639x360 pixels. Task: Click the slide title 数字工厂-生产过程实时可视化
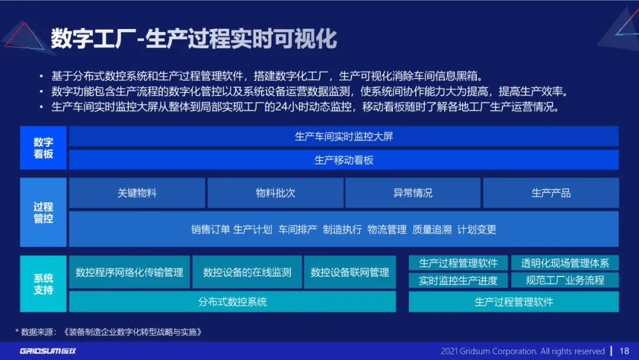(193, 38)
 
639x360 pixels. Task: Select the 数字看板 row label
(43, 148)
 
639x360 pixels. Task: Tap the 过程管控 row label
(43, 213)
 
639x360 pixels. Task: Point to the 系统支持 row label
(43, 284)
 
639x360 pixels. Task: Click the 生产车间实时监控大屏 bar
(344, 136)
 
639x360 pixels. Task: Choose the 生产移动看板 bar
(344, 160)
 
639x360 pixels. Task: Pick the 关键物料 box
(137, 193)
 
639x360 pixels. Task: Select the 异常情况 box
(412, 193)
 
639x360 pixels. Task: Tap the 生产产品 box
(551, 193)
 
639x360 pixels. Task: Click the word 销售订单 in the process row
(210, 230)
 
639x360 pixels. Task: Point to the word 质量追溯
(432, 230)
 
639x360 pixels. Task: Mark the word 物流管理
(387, 230)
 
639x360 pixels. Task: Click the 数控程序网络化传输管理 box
(130, 272)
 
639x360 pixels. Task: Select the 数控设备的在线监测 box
(247, 272)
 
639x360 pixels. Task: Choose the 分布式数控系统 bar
(233, 302)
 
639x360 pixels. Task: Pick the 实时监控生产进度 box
(458, 281)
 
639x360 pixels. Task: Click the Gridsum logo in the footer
(48, 351)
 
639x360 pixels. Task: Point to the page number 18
(624, 351)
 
